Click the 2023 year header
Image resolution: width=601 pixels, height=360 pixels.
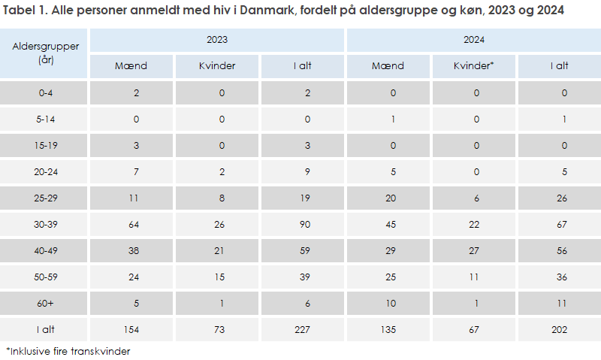tap(217, 40)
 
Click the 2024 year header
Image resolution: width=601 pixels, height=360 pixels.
tap(473, 40)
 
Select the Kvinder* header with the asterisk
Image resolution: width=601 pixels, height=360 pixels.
tap(473, 66)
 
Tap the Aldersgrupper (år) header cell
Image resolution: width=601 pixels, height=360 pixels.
tap(45, 53)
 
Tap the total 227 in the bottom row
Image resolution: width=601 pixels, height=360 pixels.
tap(303, 330)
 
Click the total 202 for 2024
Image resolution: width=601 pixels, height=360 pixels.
tap(559, 330)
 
